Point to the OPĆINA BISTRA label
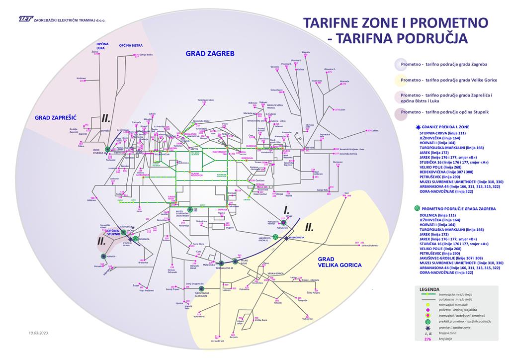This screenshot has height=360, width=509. (131, 45)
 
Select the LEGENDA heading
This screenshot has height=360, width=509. (429, 289)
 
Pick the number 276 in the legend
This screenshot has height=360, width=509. (427, 339)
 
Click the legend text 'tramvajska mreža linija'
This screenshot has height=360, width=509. (455, 295)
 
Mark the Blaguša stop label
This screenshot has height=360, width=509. (306, 52)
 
